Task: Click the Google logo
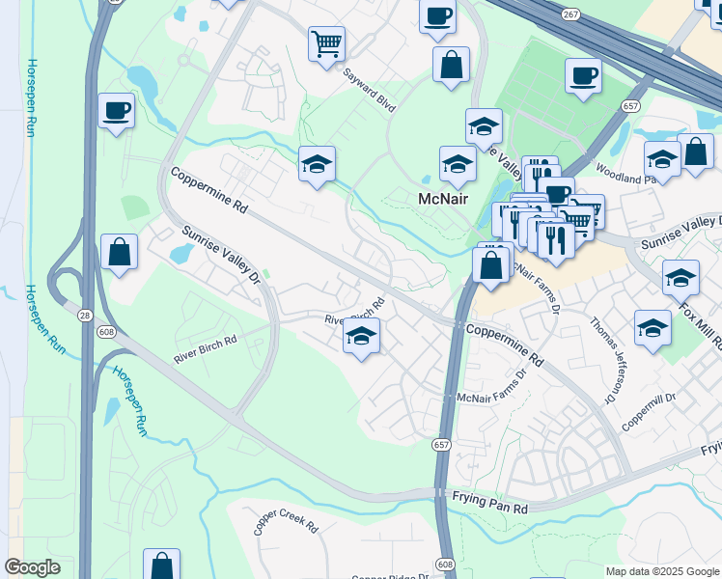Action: (x=32, y=567)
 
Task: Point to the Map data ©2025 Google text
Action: (x=662, y=571)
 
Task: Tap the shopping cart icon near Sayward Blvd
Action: (x=327, y=42)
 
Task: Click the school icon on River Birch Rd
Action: (x=362, y=336)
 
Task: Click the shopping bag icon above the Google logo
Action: (x=161, y=565)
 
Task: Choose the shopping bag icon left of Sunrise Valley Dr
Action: (x=120, y=251)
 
